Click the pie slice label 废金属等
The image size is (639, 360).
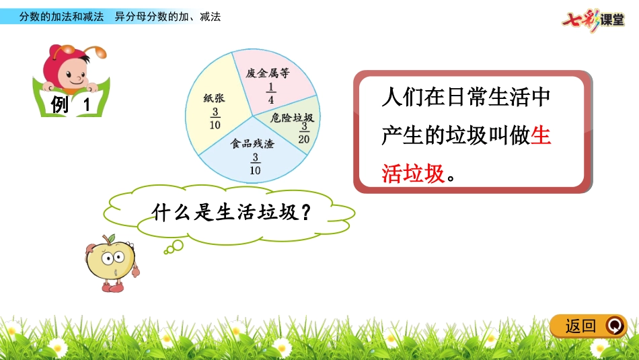click(x=267, y=73)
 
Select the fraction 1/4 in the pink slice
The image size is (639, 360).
click(x=270, y=94)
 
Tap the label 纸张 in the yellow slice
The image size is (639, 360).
click(x=214, y=98)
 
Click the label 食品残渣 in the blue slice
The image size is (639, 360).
click(x=253, y=144)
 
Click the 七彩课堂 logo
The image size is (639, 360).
click(x=593, y=18)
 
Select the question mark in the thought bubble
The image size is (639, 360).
click(x=305, y=213)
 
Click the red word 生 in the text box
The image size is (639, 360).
click(x=540, y=137)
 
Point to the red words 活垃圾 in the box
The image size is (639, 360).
click(x=413, y=174)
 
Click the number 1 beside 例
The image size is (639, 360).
click(x=86, y=105)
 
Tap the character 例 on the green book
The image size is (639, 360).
click(x=60, y=104)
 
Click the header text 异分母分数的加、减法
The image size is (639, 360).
click(x=167, y=17)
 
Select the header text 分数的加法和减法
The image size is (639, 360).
click(x=61, y=17)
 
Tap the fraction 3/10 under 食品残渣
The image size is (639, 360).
click(x=255, y=164)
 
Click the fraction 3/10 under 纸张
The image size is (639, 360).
click(x=215, y=118)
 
